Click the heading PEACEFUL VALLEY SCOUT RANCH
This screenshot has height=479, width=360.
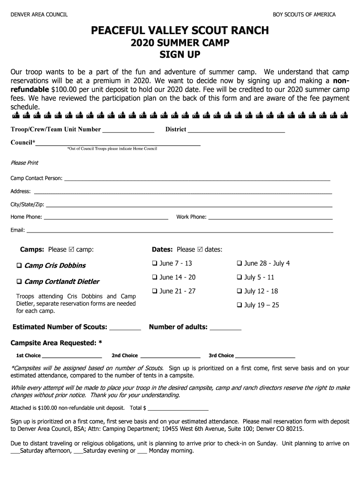click(180, 31)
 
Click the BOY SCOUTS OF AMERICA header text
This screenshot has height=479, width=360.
click(304, 15)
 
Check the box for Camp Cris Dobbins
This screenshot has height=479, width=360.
click(20, 266)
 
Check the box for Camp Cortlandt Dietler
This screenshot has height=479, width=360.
click(20, 282)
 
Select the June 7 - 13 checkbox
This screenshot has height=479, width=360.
click(155, 263)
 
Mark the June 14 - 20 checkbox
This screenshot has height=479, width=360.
click(155, 277)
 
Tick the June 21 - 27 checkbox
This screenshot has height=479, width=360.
click(155, 291)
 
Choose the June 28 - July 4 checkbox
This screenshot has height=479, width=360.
click(239, 263)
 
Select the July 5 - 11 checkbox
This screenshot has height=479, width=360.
click(239, 277)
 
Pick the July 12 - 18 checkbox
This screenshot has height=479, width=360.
click(239, 291)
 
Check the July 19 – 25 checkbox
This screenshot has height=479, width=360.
click(239, 305)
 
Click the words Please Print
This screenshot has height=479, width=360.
click(24, 163)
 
